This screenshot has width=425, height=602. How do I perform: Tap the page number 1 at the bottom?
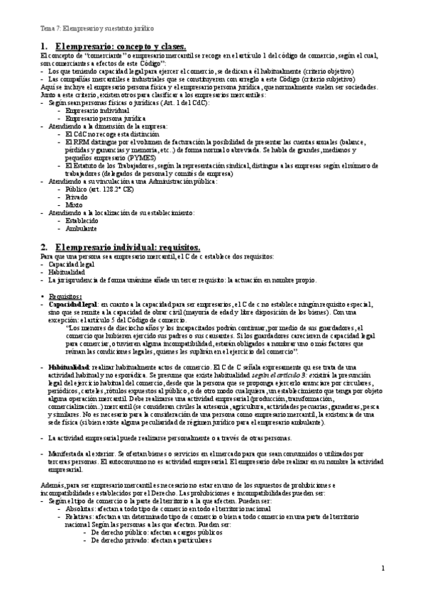coord(382,568)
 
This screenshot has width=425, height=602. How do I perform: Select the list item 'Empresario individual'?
coord(89,111)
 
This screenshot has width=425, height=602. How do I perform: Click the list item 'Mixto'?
coord(74,205)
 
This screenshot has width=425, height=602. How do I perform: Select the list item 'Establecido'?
coord(82,221)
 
